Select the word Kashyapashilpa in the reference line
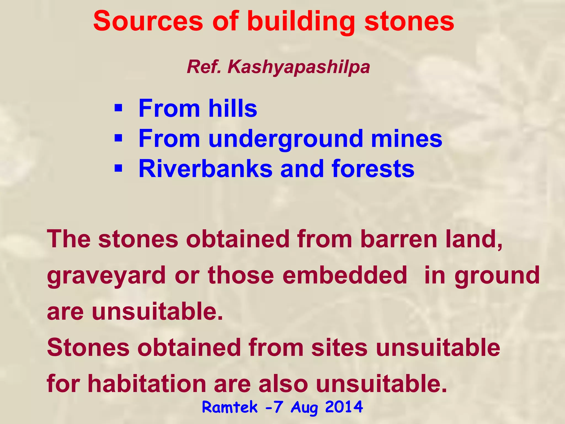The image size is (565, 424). [299, 67]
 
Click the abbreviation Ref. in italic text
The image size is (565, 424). [204, 67]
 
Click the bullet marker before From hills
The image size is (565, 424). [118, 108]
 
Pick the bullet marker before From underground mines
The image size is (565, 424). [118, 138]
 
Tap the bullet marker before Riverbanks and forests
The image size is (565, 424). [118, 168]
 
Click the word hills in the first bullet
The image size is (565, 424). [233, 108]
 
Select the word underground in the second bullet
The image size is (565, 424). [286, 139]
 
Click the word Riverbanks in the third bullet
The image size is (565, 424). [205, 169]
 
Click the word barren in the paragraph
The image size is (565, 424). [399, 239]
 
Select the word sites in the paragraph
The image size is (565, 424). [339, 348]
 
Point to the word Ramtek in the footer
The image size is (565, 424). [230, 407]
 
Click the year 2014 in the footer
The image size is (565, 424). [344, 407]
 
